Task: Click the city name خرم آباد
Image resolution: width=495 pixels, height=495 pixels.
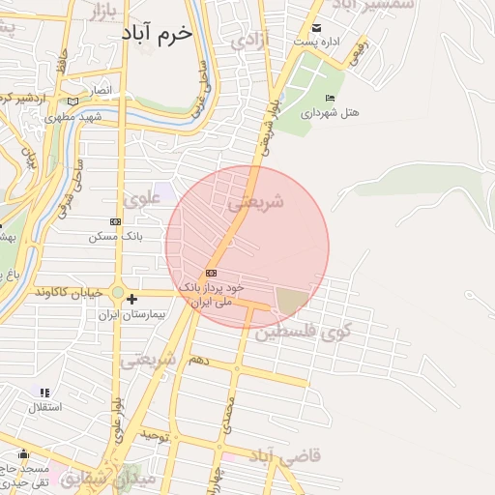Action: click(x=157, y=32)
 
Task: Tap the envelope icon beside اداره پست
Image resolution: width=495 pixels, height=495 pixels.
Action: click(x=316, y=28)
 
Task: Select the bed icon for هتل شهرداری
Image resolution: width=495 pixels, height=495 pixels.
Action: click(x=331, y=98)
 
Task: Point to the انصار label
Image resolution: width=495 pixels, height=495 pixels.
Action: click(x=102, y=91)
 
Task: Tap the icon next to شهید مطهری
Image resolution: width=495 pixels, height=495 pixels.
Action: click(x=73, y=101)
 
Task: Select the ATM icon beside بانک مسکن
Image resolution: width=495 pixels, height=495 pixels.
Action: click(x=116, y=221)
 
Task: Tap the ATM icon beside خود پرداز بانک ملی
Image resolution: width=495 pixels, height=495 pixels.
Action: click(x=212, y=274)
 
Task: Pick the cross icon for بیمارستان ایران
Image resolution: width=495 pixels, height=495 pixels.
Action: click(x=132, y=300)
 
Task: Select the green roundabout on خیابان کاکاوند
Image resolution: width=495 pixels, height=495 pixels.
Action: click(x=117, y=291)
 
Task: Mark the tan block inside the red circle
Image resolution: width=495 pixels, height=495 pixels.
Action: click(x=293, y=301)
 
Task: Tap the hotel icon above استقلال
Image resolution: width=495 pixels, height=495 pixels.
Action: click(x=44, y=392)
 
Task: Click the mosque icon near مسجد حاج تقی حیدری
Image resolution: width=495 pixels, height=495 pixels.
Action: click(x=22, y=454)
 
